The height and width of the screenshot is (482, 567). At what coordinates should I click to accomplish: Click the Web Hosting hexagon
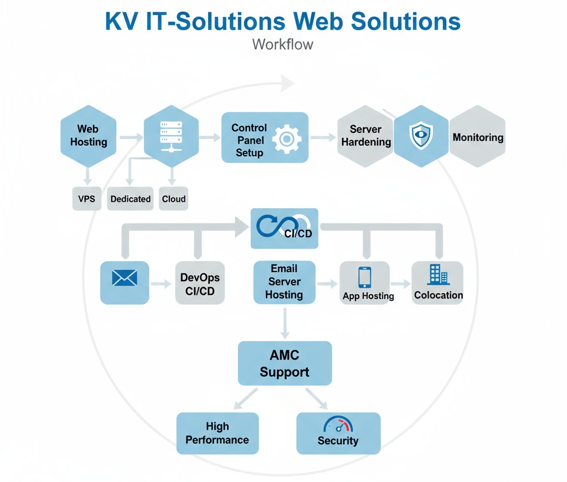click(88, 136)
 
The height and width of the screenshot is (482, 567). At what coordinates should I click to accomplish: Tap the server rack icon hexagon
click(171, 136)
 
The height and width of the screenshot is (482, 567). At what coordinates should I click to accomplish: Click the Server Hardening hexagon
click(365, 136)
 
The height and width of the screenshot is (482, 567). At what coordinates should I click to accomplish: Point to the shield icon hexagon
click(421, 136)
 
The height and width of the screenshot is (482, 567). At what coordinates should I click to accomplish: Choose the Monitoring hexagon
click(478, 137)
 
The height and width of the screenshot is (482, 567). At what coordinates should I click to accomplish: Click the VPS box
click(87, 199)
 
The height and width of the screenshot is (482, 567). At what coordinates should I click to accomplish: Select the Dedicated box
click(131, 199)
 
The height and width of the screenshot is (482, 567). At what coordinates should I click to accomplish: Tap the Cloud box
click(174, 199)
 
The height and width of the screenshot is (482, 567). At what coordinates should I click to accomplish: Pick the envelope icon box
click(125, 283)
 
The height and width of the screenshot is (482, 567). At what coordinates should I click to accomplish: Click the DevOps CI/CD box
click(200, 283)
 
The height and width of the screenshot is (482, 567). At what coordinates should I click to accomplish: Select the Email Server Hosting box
click(284, 282)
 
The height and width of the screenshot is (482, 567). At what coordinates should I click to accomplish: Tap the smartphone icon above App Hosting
click(364, 276)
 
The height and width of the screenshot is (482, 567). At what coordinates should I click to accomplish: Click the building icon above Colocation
click(437, 274)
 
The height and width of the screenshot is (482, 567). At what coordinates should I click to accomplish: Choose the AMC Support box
click(285, 363)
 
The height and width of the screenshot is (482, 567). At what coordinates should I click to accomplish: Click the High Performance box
click(217, 433)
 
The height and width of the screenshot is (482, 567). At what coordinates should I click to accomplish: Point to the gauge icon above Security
click(338, 425)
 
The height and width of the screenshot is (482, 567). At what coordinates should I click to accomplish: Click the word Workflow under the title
click(283, 44)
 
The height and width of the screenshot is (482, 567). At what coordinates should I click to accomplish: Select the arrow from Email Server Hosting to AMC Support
click(285, 322)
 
